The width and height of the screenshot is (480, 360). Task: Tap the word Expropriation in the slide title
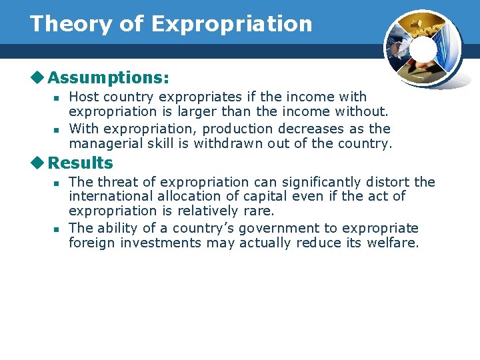pos(232,24)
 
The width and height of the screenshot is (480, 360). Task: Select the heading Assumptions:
pos(108,78)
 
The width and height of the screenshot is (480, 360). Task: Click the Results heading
pos(81,163)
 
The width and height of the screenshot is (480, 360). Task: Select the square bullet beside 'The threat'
pos(57,183)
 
